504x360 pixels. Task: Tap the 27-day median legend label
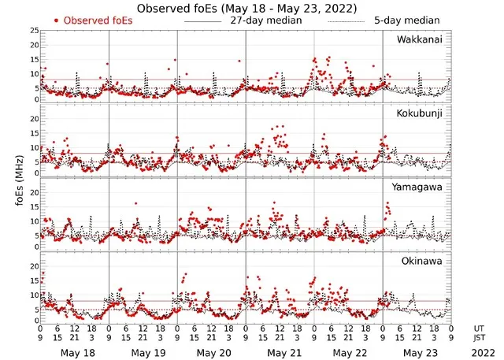coord(265,20)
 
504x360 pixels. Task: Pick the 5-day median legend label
coord(407,20)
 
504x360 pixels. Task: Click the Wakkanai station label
coord(419,40)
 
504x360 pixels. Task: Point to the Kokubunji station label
coord(419,113)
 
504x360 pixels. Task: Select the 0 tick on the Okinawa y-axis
coord(35,321)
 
